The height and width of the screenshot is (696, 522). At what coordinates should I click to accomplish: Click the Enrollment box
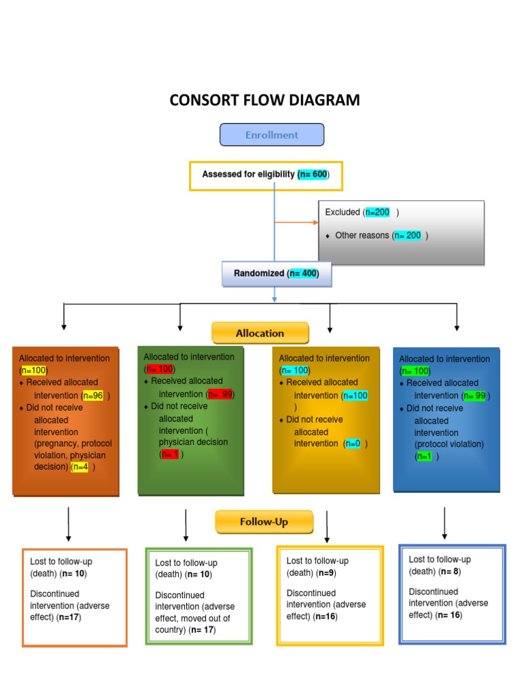point(272,135)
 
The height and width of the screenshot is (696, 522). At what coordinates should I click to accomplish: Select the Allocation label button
point(260,333)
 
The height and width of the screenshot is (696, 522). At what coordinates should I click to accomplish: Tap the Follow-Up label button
point(264,522)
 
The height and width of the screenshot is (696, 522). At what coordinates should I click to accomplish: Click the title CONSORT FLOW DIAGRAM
point(264,101)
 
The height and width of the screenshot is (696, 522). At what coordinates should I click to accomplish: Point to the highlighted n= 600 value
point(313,175)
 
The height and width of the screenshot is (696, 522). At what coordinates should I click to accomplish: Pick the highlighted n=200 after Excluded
point(377,212)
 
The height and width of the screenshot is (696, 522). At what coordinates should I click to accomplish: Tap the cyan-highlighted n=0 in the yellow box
point(352,444)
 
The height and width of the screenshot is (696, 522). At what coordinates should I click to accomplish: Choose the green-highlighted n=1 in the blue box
point(423,457)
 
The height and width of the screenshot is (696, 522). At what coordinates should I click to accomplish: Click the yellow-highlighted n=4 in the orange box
point(80,468)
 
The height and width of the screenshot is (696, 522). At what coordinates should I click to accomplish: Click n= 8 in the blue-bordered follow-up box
point(450,572)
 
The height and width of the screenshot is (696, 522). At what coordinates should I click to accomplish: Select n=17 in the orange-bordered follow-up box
point(68,617)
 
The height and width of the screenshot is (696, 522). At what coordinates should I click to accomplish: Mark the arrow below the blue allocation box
point(445,523)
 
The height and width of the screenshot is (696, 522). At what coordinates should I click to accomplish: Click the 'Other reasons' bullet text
point(362,236)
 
